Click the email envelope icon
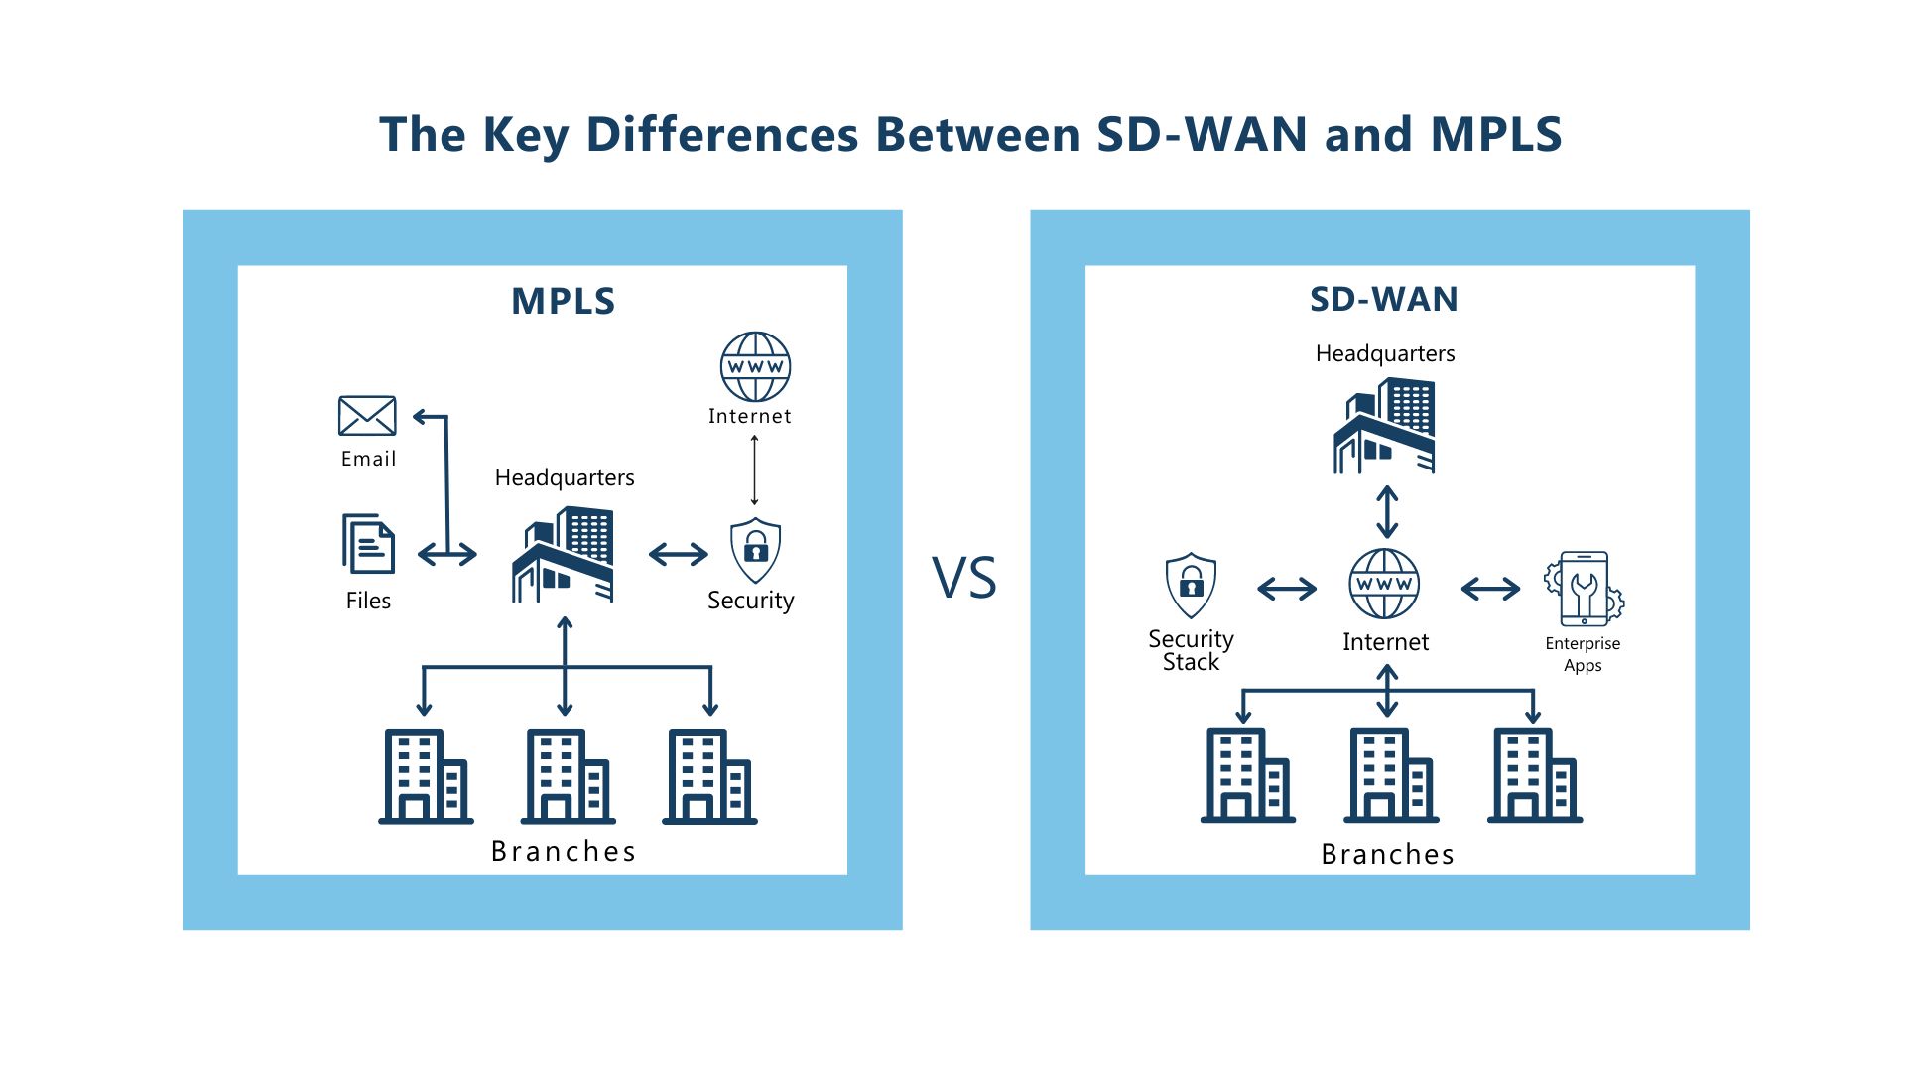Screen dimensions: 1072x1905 coord(367,416)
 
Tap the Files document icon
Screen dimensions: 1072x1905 coord(368,543)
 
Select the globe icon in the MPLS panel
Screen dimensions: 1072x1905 coord(755,366)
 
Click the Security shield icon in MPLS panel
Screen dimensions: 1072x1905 coord(755,550)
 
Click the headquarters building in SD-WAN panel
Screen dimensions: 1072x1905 coord(1384,426)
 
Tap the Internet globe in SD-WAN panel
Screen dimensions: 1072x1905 coord(1384,584)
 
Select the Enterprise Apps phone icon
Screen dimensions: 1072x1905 coord(1584,589)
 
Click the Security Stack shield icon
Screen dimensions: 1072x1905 coord(1191,586)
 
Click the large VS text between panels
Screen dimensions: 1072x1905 coord(964,578)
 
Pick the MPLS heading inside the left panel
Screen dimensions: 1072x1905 coord(563,301)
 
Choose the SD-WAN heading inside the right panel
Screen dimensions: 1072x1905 coord(1384,299)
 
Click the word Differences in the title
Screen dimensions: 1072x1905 coord(721,134)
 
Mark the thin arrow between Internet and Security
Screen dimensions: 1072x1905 coord(754,470)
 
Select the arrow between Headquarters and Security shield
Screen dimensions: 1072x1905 coord(679,554)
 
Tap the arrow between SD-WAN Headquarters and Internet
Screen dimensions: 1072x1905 coord(1387,512)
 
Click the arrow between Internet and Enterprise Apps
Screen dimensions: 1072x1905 coord(1490,589)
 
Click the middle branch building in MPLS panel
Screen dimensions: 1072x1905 coord(568,776)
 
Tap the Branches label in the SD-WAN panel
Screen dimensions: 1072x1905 coord(1387,854)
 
